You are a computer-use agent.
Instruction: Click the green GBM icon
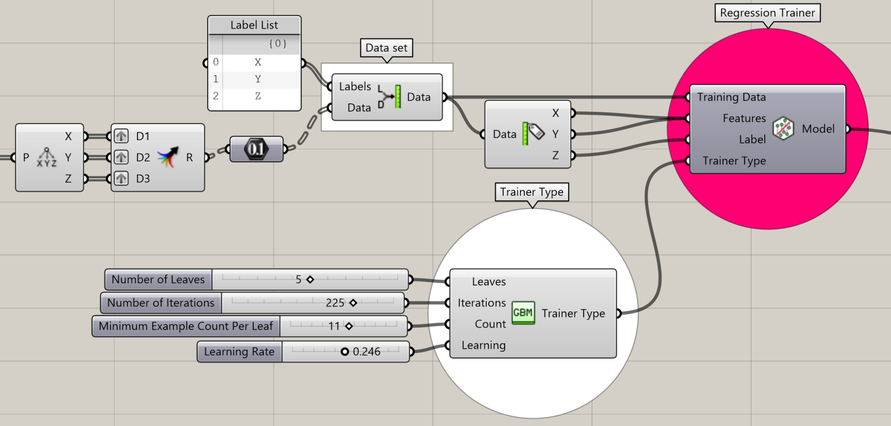(523, 313)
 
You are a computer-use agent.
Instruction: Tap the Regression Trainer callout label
(767, 13)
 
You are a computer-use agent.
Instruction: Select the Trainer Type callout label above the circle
(531, 192)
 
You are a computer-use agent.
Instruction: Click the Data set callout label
(386, 48)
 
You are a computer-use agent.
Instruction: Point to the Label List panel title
(254, 25)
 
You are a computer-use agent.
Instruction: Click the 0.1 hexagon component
(256, 149)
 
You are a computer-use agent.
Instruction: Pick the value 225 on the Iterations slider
(335, 303)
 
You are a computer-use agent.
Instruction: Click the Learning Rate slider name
(239, 351)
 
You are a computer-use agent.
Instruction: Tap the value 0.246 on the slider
(366, 351)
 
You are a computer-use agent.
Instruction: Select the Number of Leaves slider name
(158, 279)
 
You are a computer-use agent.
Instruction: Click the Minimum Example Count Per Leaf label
(185, 326)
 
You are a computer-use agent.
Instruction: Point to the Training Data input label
(731, 97)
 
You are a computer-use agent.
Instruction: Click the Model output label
(817, 129)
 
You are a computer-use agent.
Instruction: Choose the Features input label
(744, 118)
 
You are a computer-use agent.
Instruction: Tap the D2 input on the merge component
(143, 157)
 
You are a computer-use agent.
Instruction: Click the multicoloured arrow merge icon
(168, 157)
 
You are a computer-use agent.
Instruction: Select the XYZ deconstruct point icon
(47, 157)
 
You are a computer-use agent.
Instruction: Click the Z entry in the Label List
(257, 96)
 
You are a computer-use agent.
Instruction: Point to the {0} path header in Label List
(277, 43)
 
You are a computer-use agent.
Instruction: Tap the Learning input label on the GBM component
(483, 345)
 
